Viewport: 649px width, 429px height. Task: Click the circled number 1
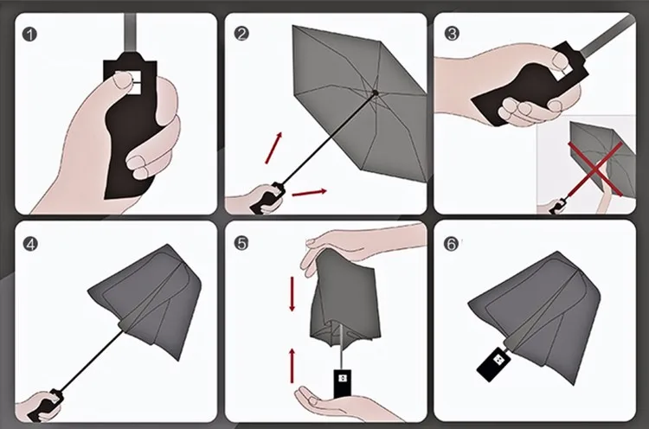pyautogui.click(x=29, y=34)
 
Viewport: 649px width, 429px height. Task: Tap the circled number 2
pyautogui.click(x=241, y=34)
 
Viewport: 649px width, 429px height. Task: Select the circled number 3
pyautogui.click(x=452, y=33)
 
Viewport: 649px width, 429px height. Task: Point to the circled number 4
pyautogui.click(x=30, y=244)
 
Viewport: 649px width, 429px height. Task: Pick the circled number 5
pyautogui.click(x=241, y=243)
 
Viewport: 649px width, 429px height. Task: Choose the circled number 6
pyautogui.click(x=451, y=244)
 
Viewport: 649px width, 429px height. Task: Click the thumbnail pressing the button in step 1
pyautogui.click(x=123, y=79)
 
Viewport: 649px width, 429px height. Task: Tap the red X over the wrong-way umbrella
pyautogui.click(x=595, y=168)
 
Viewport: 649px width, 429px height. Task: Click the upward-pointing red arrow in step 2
pyautogui.click(x=273, y=148)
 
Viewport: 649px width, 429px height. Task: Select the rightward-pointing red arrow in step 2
pyautogui.click(x=310, y=192)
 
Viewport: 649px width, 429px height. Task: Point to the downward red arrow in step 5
pyautogui.click(x=292, y=294)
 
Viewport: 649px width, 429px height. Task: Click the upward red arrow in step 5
pyautogui.click(x=292, y=366)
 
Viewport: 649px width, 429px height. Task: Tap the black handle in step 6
pyautogui.click(x=495, y=363)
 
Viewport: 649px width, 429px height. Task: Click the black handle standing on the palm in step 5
pyautogui.click(x=343, y=383)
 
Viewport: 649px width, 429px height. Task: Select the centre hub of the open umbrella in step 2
pyautogui.click(x=376, y=93)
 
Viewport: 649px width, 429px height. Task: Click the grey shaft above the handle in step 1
pyautogui.click(x=130, y=32)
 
